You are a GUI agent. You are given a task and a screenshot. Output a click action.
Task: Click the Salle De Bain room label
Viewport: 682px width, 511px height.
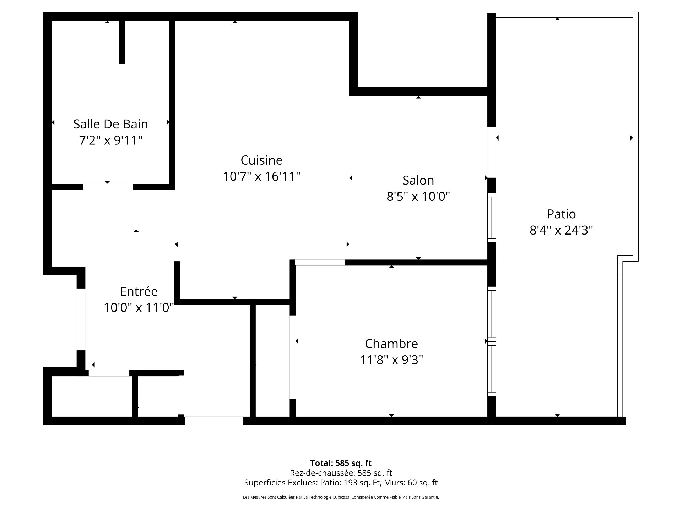(x=110, y=124)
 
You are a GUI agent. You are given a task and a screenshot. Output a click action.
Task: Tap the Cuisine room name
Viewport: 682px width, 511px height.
(x=261, y=160)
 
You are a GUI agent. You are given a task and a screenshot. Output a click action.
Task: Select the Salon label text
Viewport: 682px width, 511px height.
(x=418, y=180)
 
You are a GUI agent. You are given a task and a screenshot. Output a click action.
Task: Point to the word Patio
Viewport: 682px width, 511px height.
(x=561, y=214)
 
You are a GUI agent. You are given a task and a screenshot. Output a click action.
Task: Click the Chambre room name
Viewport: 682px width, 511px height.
(x=391, y=344)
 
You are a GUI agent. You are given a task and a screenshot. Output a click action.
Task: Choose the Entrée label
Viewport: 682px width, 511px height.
(x=139, y=291)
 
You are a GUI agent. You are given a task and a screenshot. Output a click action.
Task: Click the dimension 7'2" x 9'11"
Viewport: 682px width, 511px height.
(x=110, y=141)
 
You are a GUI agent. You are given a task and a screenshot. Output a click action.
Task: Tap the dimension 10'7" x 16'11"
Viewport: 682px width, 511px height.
(x=261, y=176)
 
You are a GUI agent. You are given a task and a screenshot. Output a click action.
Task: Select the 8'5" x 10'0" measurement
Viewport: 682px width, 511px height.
(x=418, y=196)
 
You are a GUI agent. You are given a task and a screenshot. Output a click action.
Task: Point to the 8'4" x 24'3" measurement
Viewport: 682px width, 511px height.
(x=561, y=230)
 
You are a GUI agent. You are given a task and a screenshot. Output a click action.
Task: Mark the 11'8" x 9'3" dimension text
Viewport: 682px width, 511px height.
(x=391, y=360)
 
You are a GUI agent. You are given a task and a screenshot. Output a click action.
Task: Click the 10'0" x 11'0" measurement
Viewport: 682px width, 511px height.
(x=139, y=307)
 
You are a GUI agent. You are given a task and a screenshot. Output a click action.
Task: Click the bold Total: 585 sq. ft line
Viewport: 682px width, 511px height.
(x=341, y=463)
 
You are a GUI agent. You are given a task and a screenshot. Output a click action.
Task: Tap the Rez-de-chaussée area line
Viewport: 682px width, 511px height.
(x=341, y=473)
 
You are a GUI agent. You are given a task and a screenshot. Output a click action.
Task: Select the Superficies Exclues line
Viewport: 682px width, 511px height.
(x=341, y=483)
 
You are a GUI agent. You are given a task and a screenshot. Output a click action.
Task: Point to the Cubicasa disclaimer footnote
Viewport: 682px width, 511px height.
(x=341, y=497)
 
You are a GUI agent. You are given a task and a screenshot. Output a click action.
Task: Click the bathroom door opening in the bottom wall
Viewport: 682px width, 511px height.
(x=108, y=187)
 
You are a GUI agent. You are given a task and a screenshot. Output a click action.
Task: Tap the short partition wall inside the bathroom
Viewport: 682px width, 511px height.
(x=122, y=42)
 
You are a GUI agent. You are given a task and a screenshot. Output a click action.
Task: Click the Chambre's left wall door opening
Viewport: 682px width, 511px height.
(x=293, y=357)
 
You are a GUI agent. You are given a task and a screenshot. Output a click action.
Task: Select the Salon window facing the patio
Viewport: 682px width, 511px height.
(x=492, y=218)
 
